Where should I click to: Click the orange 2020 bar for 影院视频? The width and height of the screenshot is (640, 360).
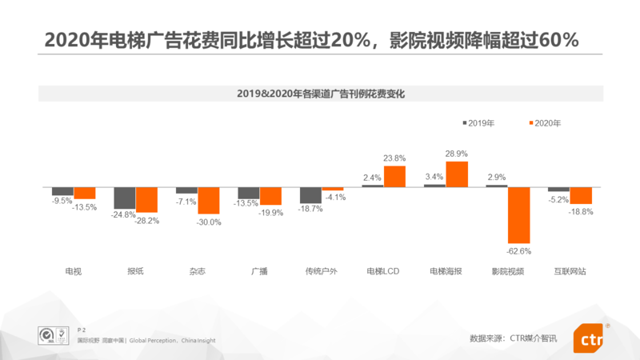tap(518, 215)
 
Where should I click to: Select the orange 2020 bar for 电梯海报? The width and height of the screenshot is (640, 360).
tap(457, 174)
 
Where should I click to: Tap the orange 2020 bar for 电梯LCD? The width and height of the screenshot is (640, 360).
tap(394, 177)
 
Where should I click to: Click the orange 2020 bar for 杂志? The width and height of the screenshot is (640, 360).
tap(208, 200)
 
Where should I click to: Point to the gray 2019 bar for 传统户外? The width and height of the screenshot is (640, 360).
tap(310, 195)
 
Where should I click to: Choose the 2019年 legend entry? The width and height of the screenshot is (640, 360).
tap(478, 123)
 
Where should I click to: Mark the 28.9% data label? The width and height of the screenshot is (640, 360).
tap(457, 153)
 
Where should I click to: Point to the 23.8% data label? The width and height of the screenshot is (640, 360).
tap(394, 158)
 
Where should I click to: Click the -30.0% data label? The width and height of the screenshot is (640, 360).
tap(208, 222)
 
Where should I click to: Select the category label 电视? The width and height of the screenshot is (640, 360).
tap(74, 271)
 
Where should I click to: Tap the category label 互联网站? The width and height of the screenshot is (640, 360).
tap(570, 271)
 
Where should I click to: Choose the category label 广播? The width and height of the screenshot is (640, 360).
tap(259, 271)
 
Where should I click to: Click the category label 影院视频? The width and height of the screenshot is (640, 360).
tap(508, 271)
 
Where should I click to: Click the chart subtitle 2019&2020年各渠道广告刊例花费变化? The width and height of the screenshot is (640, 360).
tap(320, 94)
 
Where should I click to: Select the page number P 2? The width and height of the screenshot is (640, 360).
tap(81, 330)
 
